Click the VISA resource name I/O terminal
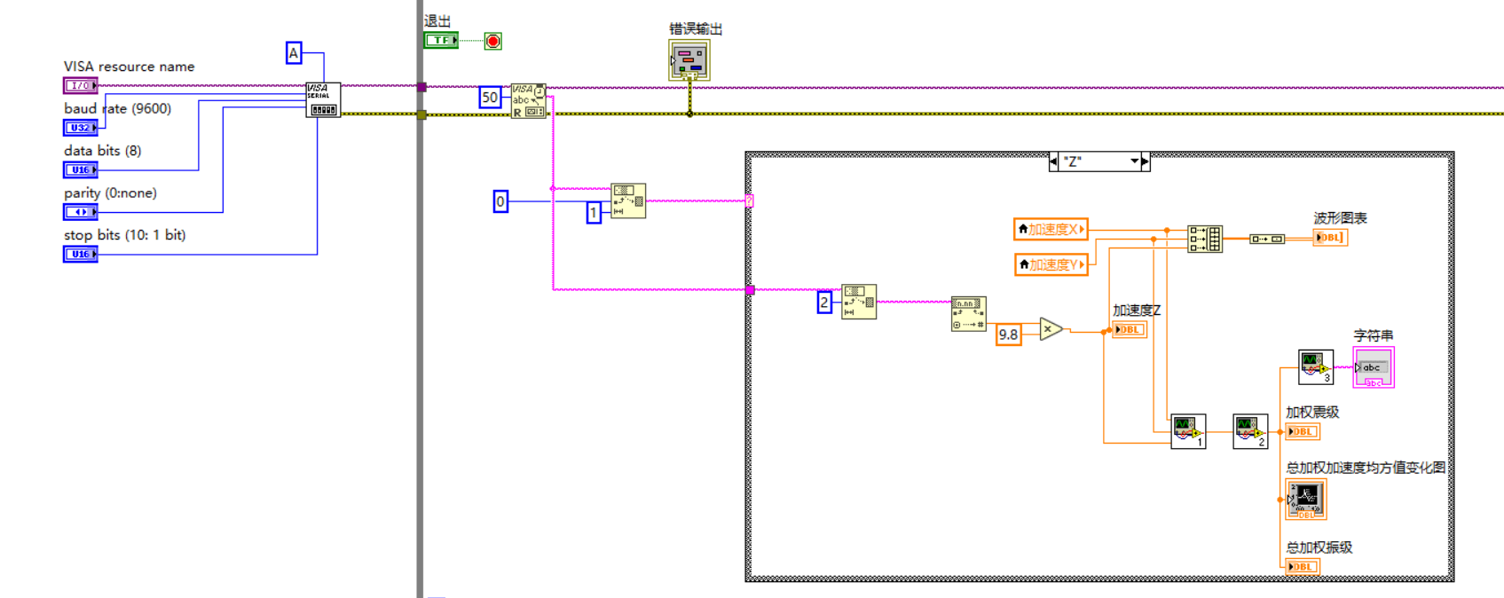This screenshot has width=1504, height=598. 80,85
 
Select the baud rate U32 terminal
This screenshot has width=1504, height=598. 80,128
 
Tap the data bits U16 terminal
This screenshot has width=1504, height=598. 80,169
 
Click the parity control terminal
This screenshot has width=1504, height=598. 80,212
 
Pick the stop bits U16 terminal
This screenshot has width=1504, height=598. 80,254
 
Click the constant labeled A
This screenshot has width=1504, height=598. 294,53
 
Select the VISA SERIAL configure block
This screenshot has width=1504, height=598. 322,99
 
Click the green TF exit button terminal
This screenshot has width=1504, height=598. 440,40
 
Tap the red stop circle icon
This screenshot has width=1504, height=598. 493,40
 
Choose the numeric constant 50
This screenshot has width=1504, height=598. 490,98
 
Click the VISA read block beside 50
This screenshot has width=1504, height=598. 528,101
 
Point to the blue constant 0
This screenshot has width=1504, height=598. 500,201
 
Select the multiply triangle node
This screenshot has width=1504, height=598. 1051,329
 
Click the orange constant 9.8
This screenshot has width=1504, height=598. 1008,334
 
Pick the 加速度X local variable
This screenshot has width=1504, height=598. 1051,229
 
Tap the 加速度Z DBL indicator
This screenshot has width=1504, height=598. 1130,329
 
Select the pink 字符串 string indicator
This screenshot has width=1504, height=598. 1373,367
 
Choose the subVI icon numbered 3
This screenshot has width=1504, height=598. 1315,366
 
